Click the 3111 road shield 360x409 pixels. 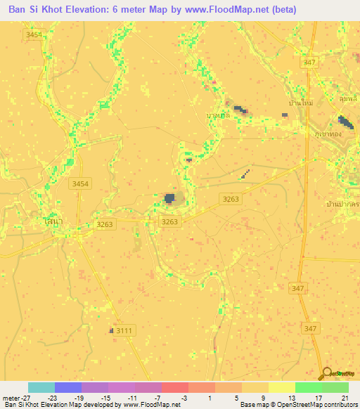click(x=124, y=330)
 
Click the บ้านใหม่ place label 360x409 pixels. click(x=300, y=103)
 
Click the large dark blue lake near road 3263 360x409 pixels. click(x=169, y=199)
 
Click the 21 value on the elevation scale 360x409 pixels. click(x=345, y=397)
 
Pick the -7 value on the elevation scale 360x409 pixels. click(x=159, y=397)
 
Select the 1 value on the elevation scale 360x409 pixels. click(x=211, y=397)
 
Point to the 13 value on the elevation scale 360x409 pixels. click(x=291, y=397)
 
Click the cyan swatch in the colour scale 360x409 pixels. click(x=41, y=387)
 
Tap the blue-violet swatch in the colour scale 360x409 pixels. click(x=68, y=387)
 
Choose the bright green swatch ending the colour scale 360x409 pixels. click(x=335, y=387)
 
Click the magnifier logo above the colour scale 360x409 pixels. click(x=327, y=375)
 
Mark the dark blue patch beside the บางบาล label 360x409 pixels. click(x=240, y=110)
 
